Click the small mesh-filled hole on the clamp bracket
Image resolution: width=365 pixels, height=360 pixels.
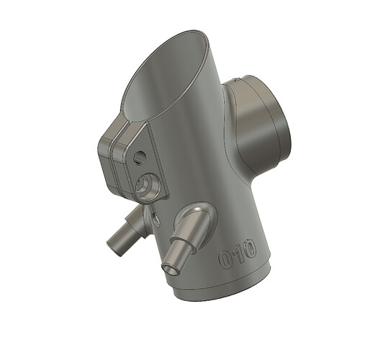[140, 157]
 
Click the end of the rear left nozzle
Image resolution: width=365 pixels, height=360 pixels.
[112, 247]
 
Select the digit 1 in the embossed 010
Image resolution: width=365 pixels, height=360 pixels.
[238, 254]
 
